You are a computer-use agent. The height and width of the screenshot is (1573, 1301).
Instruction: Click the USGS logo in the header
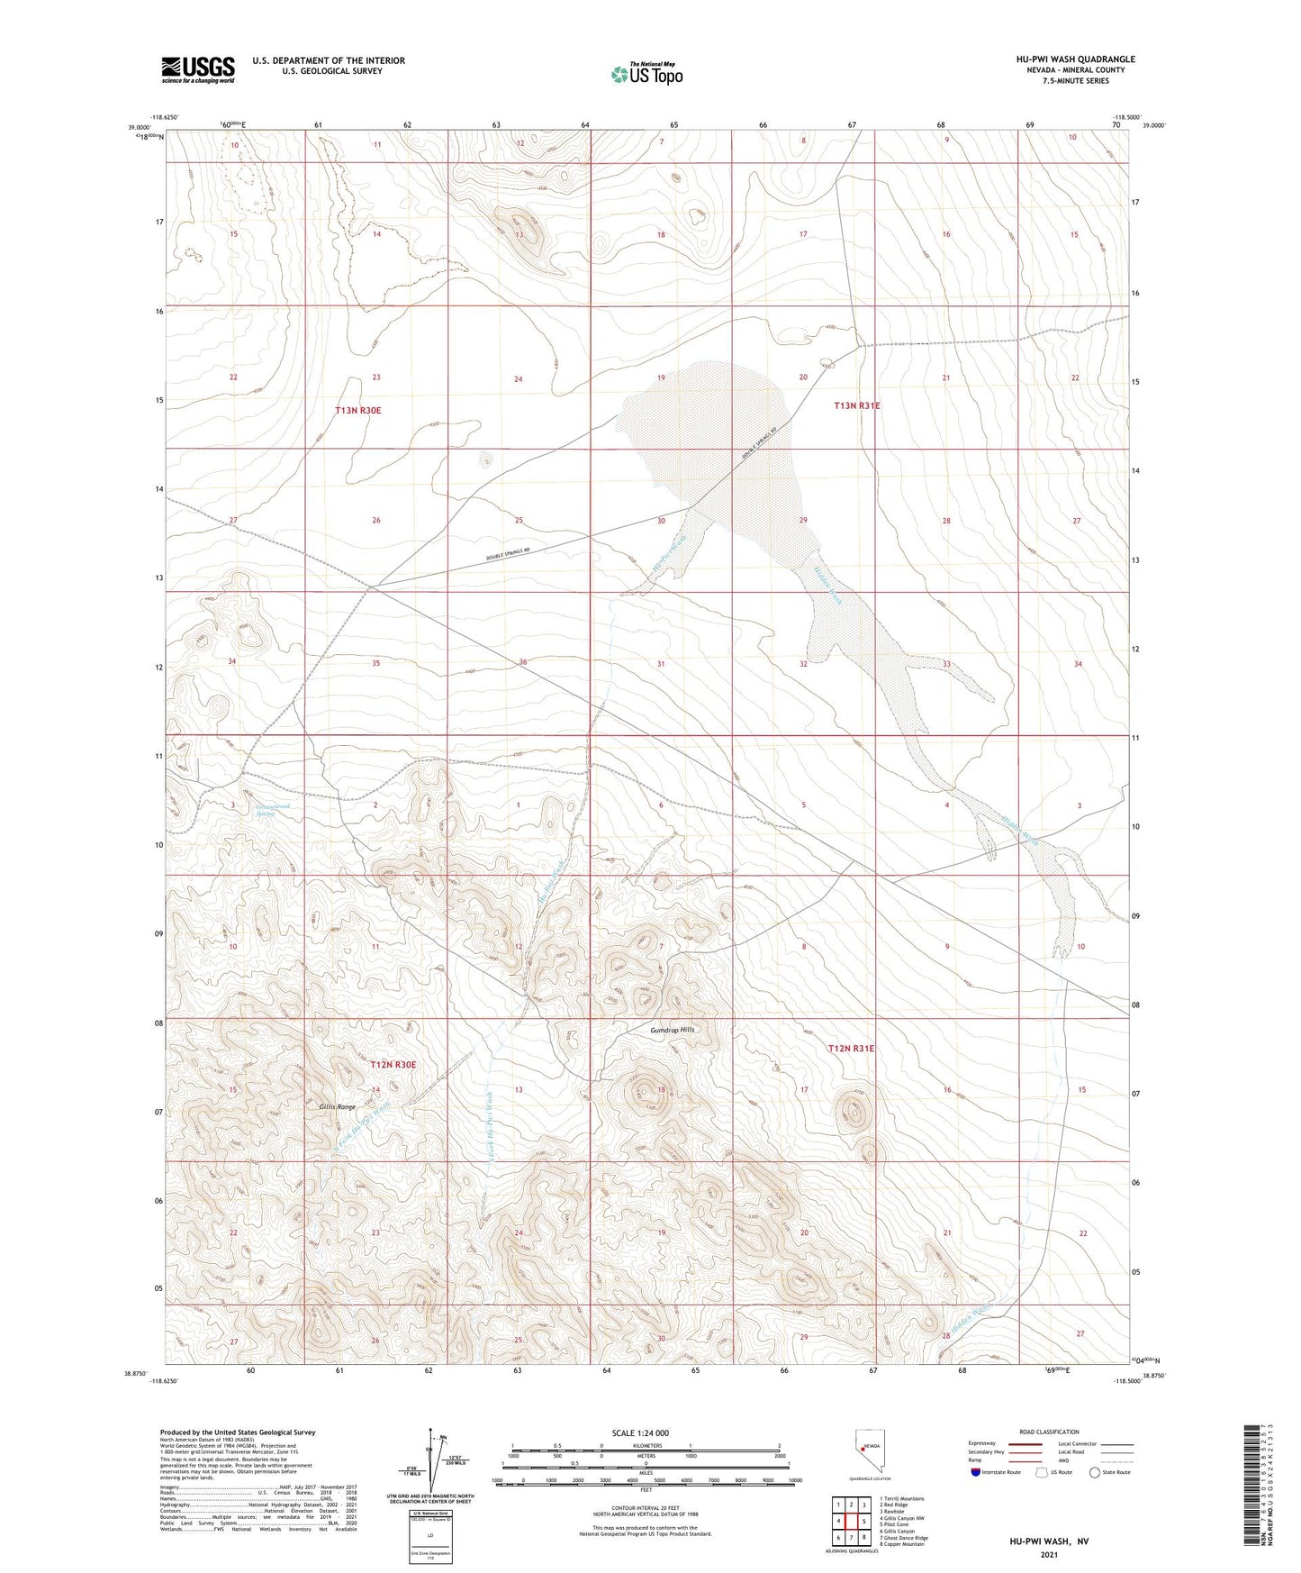pyautogui.click(x=198, y=69)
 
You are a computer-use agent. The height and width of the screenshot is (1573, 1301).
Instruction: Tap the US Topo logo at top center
pyautogui.click(x=646, y=74)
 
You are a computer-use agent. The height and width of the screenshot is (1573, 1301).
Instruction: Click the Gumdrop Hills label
pyautogui.click(x=673, y=1030)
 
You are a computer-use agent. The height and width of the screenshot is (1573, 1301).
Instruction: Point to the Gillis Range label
pyautogui.click(x=337, y=1106)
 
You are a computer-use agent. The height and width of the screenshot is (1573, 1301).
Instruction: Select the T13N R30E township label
pyautogui.click(x=357, y=410)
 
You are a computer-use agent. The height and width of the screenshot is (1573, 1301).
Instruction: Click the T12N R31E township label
pyautogui.click(x=851, y=1049)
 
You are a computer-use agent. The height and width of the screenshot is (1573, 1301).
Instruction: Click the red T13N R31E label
pyautogui.click(x=856, y=405)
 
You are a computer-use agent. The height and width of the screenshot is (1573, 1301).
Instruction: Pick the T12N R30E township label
pyautogui.click(x=393, y=1065)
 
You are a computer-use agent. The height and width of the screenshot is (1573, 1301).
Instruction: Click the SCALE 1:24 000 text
pyautogui.click(x=640, y=1432)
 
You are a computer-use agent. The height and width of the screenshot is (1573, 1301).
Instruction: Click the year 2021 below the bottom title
pyautogui.click(x=1048, y=1555)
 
